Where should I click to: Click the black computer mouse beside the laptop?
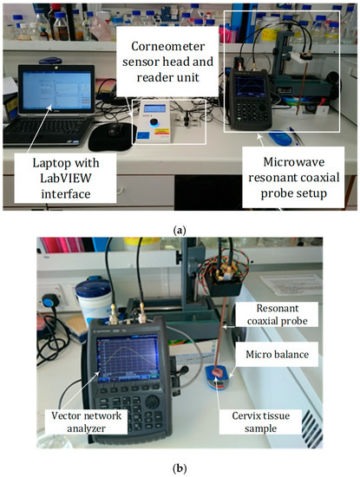point(115,133)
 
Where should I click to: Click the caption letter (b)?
point(180,468)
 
